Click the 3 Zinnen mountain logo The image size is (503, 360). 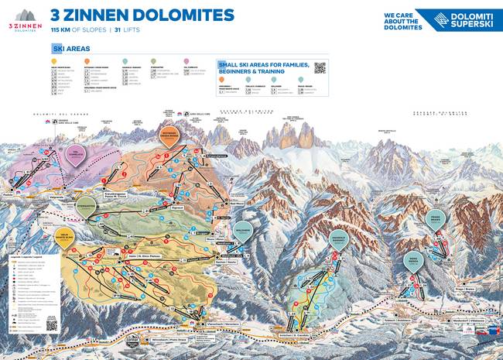coord(26,19)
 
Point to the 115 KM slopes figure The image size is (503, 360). coord(62,29)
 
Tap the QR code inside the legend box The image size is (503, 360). coord(52,325)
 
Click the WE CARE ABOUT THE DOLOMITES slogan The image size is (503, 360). coord(403,20)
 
